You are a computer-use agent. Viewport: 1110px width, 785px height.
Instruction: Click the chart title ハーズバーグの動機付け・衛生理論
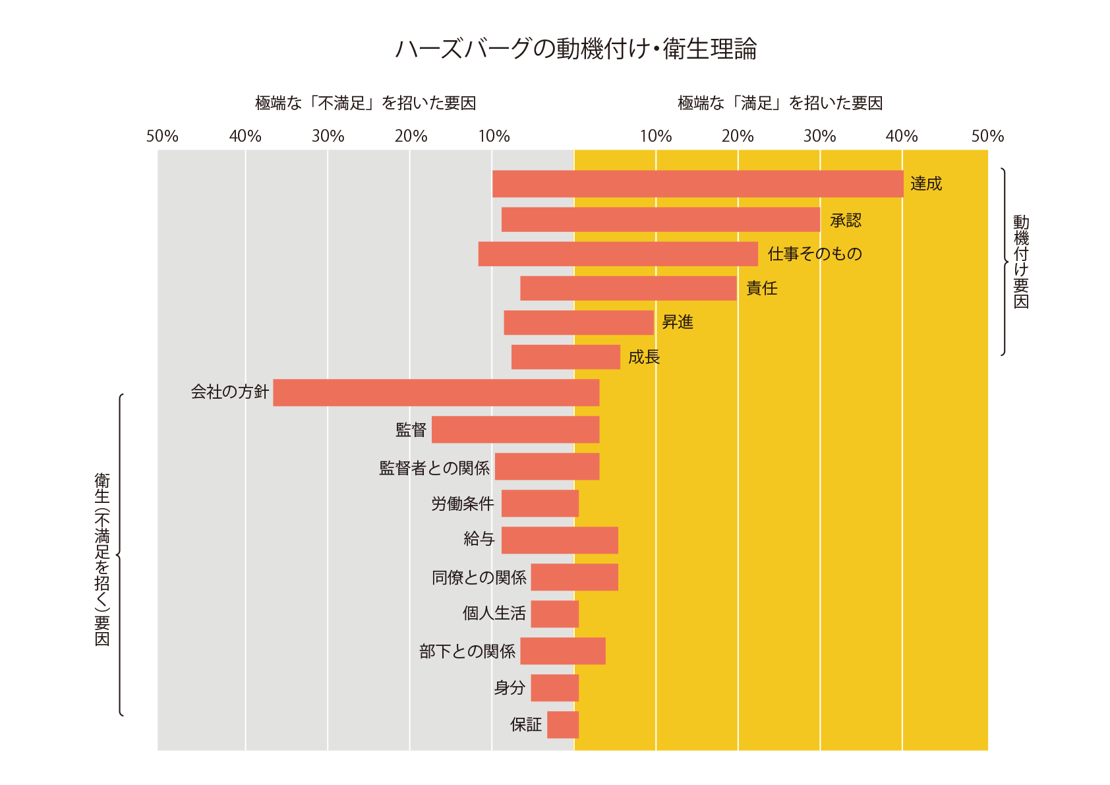click(x=575, y=49)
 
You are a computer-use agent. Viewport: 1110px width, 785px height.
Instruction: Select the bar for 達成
click(x=697, y=184)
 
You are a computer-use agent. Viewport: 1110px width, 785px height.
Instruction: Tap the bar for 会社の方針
click(x=436, y=393)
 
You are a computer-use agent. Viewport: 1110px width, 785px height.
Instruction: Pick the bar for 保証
click(x=563, y=725)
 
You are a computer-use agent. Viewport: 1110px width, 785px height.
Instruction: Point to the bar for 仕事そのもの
click(x=618, y=254)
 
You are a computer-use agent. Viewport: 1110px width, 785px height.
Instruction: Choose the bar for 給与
click(x=560, y=540)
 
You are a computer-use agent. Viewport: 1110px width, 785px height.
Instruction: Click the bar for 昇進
click(x=579, y=323)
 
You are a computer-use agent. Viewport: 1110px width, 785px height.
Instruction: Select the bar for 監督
click(x=515, y=430)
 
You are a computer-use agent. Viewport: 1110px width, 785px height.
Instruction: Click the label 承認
click(x=846, y=221)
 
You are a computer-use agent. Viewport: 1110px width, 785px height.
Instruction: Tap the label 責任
click(x=762, y=289)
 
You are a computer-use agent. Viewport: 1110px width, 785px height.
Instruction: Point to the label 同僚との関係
click(x=479, y=578)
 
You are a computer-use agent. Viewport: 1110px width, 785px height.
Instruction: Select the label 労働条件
click(x=463, y=504)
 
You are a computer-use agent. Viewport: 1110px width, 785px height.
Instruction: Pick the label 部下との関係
click(x=467, y=652)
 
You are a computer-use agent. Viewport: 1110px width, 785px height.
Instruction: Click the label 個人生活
click(x=494, y=614)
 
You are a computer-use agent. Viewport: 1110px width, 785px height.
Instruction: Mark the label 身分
click(x=510, y=688)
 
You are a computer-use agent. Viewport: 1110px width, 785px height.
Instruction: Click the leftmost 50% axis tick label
click(x=162, y=136)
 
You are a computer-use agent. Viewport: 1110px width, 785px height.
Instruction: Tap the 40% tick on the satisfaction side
click(x=901, y=136)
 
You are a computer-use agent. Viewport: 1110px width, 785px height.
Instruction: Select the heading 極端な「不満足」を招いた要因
click(x=365, y=103)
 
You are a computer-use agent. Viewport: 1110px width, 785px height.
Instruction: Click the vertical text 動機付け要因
click(x=1021, y=262)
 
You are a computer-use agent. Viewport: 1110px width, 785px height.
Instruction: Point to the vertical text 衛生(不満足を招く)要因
click(x=102, y=559)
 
